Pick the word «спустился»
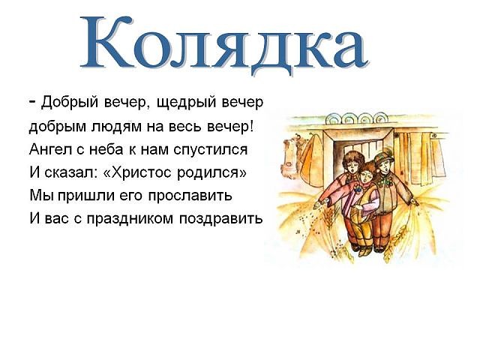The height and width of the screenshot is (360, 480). [211, 150]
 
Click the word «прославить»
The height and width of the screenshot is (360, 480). [190, 196]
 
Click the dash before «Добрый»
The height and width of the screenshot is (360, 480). [33, 101]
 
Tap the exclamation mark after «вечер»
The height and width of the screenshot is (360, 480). [252, 125]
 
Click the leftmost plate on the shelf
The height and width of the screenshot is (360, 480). [333, 118]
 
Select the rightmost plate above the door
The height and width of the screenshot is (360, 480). [379, 118]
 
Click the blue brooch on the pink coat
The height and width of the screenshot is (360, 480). [357, 189]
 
